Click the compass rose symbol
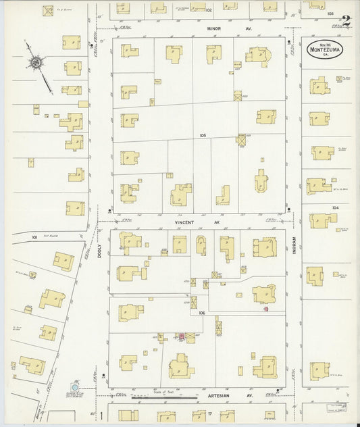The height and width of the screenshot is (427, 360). pyautogui.click(x=35, y=63)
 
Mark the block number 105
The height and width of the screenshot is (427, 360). pyautogui.click(x=202, y=136)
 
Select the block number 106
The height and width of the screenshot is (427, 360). pyautogui.click(x=202, y=313)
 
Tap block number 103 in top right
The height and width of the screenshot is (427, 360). pyautogui.click(x=330, y=13)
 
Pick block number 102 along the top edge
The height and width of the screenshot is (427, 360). pyautogui.click(x=209, y=10)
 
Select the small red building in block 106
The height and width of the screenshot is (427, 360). pyautogui.click(x=181, y=336)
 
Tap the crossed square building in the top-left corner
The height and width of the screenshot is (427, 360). pyautogui.click(x=48, y=11)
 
